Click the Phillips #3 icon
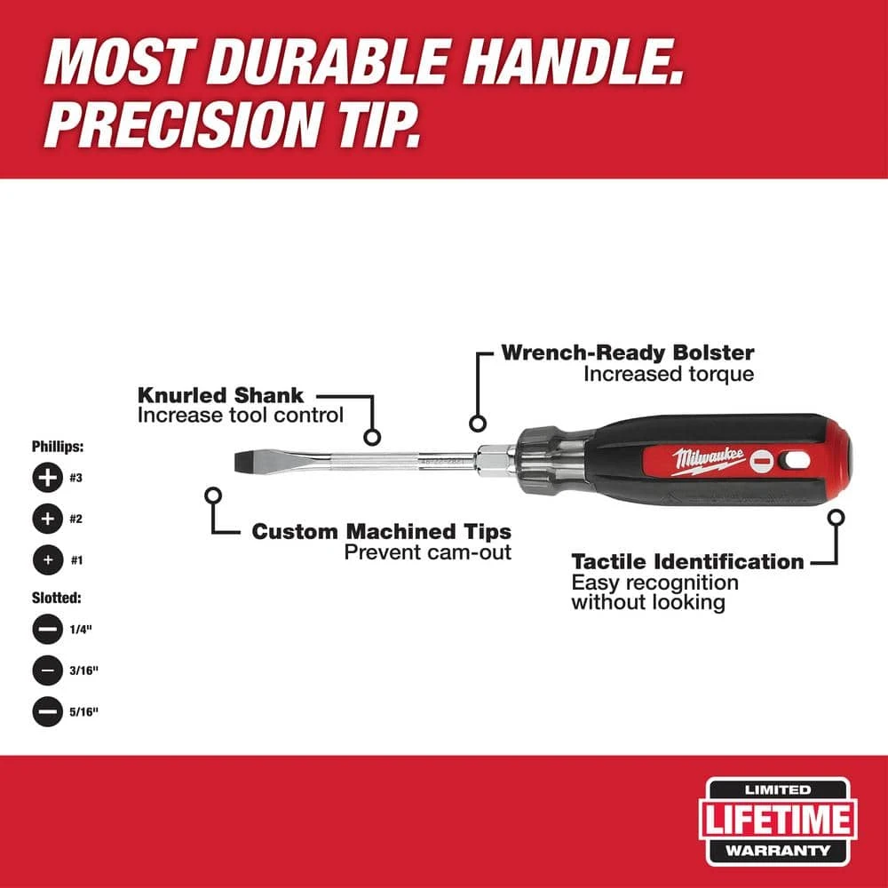48,478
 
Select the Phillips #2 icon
48,518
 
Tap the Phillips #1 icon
48,560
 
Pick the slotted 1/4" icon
48,630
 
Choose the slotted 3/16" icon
48,670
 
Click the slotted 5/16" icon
48,711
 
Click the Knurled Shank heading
220,394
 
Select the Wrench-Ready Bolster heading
627,352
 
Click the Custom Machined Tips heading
381,531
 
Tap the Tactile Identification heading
687,561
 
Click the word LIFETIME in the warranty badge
778,821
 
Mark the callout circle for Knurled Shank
373,437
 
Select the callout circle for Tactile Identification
836,516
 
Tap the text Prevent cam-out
427,551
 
